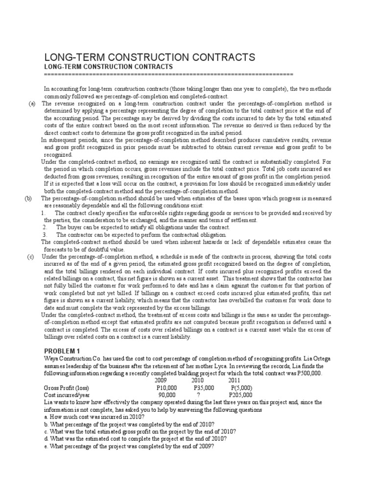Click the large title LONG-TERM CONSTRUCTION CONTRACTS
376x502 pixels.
coord(149,57)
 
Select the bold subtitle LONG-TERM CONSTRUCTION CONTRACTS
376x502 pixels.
coord(108,67)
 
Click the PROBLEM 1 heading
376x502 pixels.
coord(64,351)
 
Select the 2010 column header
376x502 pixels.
coord(198,380)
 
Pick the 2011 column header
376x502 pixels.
coord(234,380)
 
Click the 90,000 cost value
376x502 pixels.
coord(166,395)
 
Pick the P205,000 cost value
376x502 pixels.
coord(240,395)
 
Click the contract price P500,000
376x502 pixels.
coord(302,373)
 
